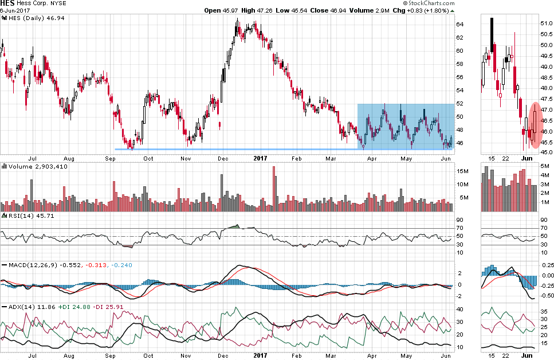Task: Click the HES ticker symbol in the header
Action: (x=9, y=3)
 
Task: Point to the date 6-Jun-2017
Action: (x=15, y=10)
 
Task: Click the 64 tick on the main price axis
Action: (x=459, y=24)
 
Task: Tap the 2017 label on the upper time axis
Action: (x=261, y=158)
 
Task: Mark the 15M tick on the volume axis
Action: (x=461, y=171)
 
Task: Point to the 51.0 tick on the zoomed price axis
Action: (x=546, y=23)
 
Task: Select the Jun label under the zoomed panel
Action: (x=528, y=158)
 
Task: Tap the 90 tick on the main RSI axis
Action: (x=459, y=220)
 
